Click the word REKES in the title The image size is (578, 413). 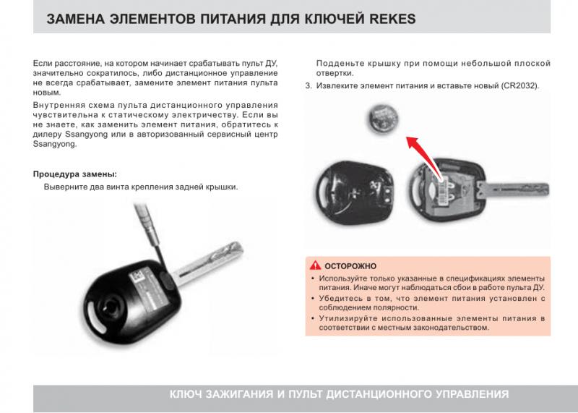392,19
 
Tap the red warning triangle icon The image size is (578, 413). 315,265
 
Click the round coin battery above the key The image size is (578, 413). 384,118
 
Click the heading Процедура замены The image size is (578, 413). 75,174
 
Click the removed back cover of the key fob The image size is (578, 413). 355,192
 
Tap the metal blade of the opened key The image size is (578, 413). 513,190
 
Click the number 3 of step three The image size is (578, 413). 309,85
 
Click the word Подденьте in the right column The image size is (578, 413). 340,64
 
